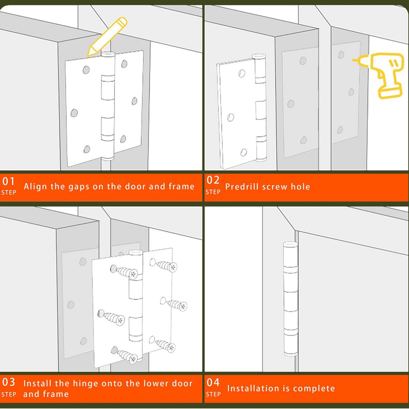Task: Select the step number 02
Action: [x=213, y=180]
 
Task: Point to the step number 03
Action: [x=9, y=382]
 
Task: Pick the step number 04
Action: [x=213, y=382]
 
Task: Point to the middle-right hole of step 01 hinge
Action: [x=134, y=101]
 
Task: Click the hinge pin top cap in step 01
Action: [x=108, y=55]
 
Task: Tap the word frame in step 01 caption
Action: [x=181, y=186]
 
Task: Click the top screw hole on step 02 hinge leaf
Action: [x=242, y=73]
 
